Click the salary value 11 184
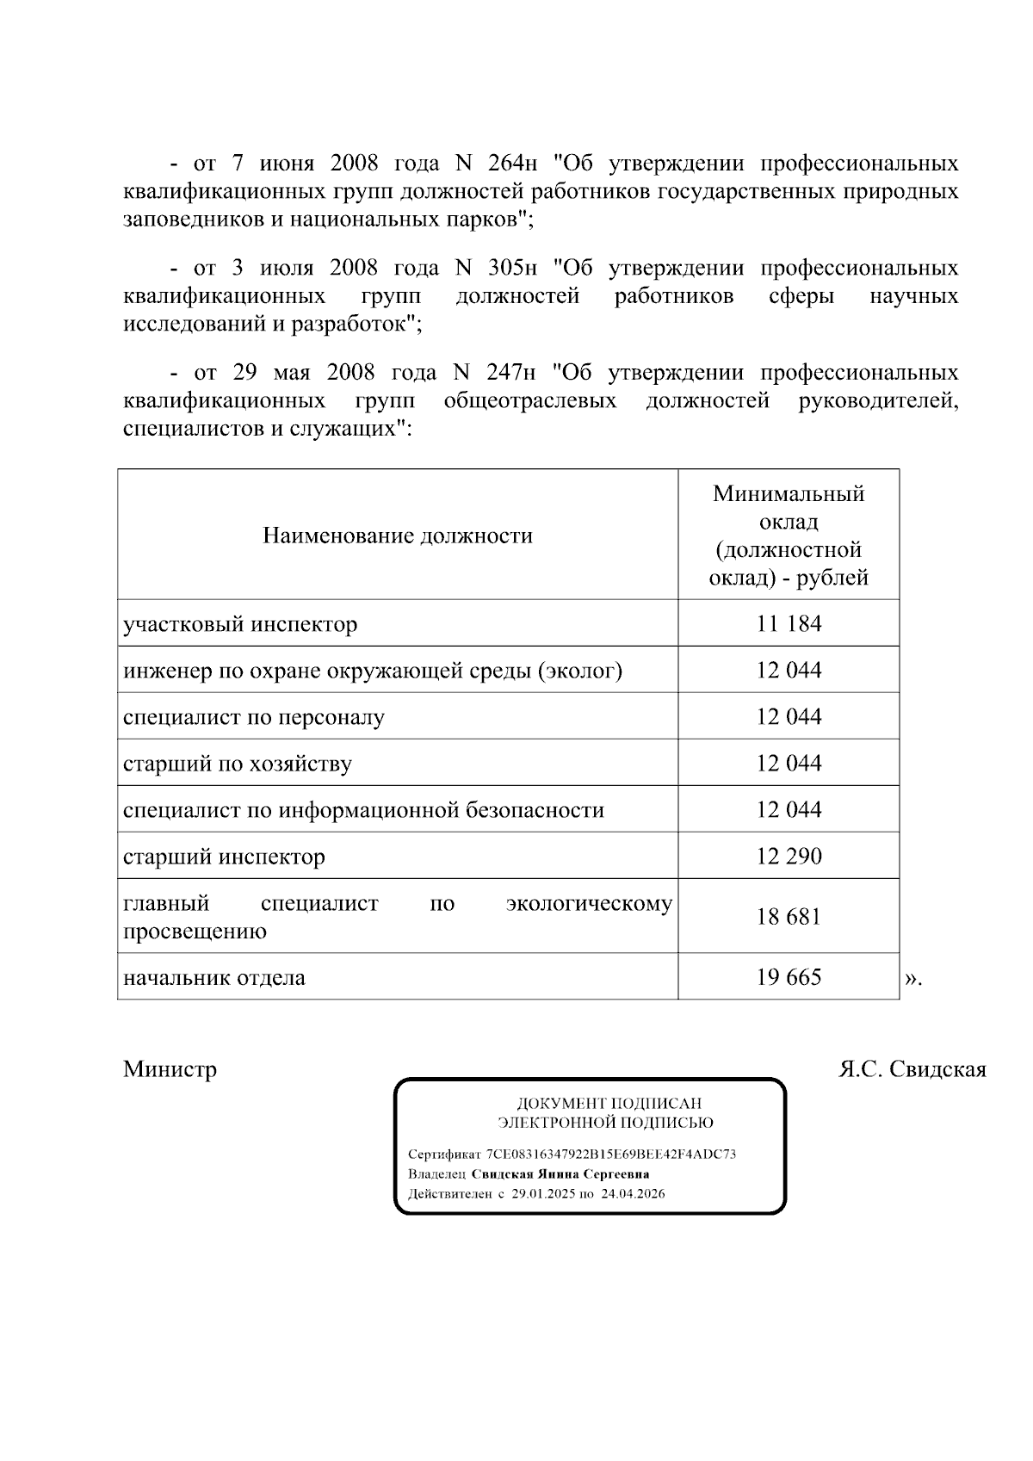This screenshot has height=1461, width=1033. click(x=789, y=623)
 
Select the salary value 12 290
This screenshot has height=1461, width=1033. click(x=789, y=856)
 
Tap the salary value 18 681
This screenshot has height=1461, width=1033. click(x=789, y=916)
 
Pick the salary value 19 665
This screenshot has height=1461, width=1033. click(x=789, y=976)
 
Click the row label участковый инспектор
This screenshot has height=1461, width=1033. click(x=240, y=624)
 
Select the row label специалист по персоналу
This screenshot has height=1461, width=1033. click(x=254, y=717)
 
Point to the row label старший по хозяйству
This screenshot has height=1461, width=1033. click(x=238, y=764)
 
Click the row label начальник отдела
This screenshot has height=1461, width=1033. click(x=214, y=978)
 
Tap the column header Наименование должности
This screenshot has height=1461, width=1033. click(x=398, y=535)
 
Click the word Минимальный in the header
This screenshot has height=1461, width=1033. click(x=789, y=494)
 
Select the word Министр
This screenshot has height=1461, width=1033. click(x=170, y=1069)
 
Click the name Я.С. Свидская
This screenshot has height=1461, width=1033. click(x=912, y=1069)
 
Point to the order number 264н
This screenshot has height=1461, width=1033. click(x=512, y=163)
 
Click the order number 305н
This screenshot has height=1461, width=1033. click(x=512, y=268)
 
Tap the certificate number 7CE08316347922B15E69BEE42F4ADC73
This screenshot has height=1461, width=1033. click(x=611, y=1155)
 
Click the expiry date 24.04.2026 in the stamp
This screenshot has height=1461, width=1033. click(x=633, y=1194)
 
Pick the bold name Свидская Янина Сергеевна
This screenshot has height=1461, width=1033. click(x=560, y=1174)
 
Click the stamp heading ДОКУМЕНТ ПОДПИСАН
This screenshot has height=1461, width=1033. click(x=609, y=1104)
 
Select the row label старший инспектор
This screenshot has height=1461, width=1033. click(x=224, y=857)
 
